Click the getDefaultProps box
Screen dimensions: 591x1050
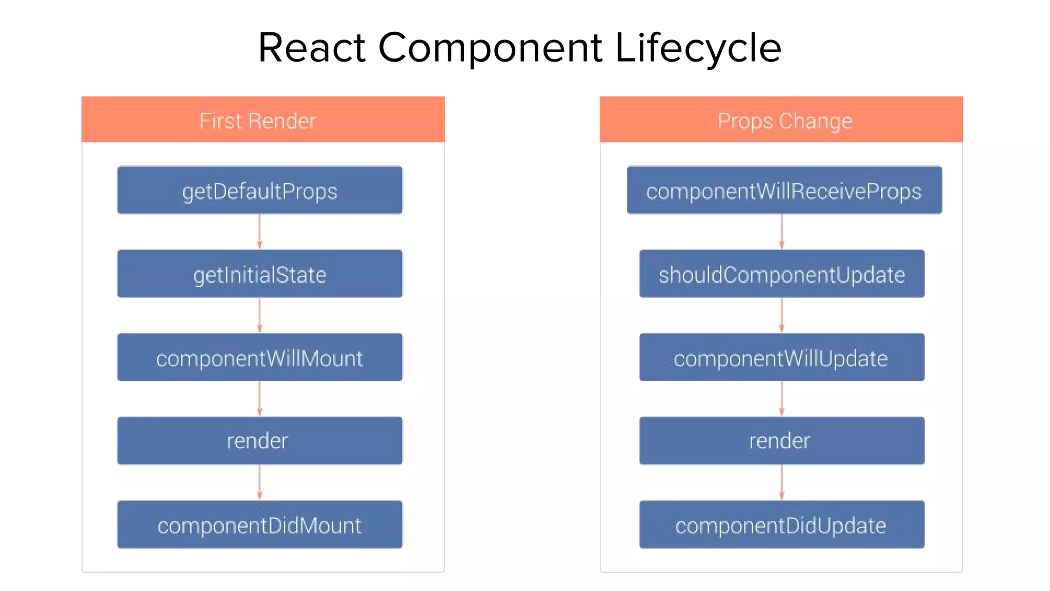(260, 190)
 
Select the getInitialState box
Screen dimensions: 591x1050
(260, 274)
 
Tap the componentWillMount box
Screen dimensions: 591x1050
(260, 358)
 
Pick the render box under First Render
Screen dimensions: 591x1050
(260, 441)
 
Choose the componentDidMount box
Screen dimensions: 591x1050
(260, 525)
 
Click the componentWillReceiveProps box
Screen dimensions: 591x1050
(784, 190)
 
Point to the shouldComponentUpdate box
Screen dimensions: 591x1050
(782, 274)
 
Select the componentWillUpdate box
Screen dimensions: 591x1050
(782, 358)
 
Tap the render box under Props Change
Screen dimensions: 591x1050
(782, 441)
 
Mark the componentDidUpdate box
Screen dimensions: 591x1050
(782, 525)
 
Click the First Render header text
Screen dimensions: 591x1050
(258, 121)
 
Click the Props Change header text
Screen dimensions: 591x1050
(784, 122)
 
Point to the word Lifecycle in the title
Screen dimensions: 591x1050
(698, 48)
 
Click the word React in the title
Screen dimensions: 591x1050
(312, 48)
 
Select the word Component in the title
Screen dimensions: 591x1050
(490, 48)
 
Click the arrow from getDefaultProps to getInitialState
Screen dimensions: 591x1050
(259, 232)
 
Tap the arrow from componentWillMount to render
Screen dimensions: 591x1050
(259, 399)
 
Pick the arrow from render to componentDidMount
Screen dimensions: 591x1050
(259, 482)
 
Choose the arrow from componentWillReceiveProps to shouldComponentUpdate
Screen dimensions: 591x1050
(782, 232)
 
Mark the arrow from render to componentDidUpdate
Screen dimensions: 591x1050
(782, 482)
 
